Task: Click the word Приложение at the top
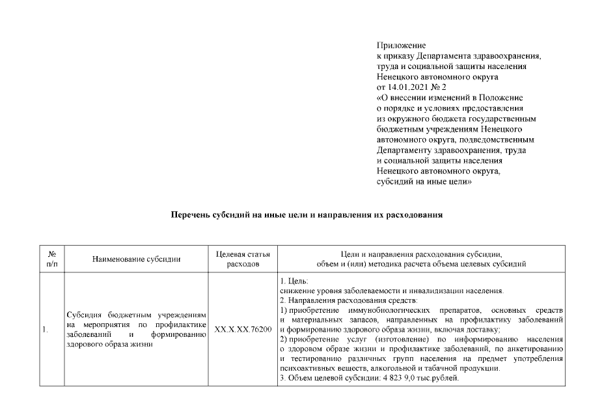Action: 401,46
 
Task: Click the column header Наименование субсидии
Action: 136,259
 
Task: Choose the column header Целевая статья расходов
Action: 242,259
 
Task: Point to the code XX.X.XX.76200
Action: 243,330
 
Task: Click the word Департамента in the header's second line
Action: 443,56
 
